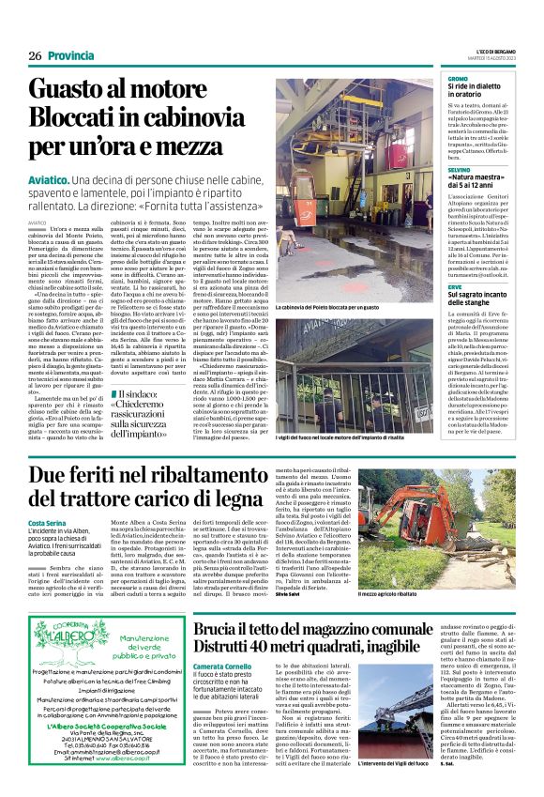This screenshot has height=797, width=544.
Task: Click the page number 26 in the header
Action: click(35, 56)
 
